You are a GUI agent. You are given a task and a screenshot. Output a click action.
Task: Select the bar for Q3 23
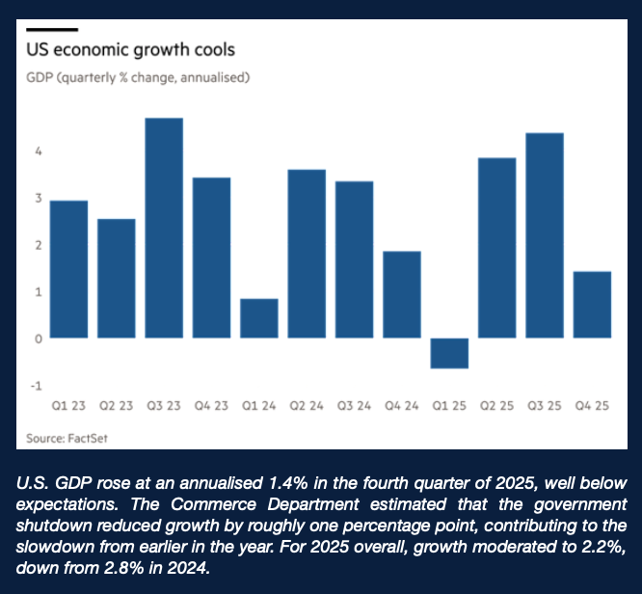point(164,228)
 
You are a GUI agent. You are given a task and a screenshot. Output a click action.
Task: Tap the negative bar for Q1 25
point(449,353)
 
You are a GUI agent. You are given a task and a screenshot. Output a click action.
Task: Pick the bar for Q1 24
point(259,318)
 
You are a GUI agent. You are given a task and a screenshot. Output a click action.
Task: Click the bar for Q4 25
point(592,305)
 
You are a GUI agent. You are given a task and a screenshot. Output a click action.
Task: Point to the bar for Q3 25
point(544,235)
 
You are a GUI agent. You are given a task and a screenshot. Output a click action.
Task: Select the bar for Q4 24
point(402,294)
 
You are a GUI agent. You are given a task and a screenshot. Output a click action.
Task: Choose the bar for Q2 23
point(117,279)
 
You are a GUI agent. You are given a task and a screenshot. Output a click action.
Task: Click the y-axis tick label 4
point(37,151)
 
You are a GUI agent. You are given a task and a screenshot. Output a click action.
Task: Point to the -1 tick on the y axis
point(36,386)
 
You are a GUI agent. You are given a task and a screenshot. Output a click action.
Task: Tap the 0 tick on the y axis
point(37,339)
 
